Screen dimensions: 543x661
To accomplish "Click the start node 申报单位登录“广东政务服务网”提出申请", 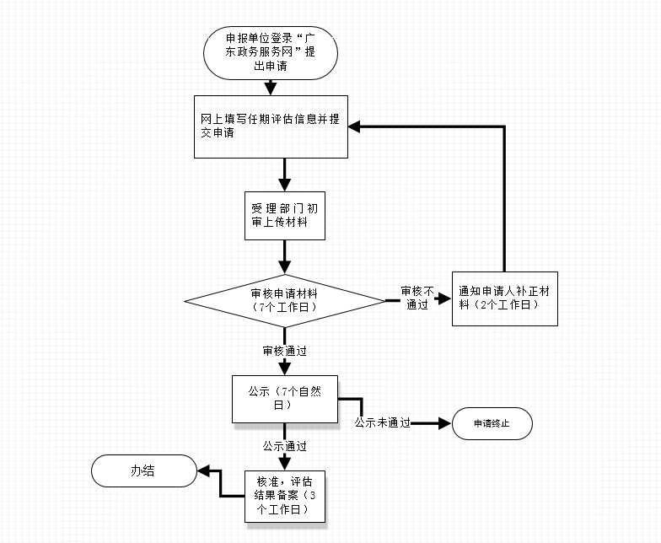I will [270, 52].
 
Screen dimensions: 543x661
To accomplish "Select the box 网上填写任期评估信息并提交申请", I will [271, 126].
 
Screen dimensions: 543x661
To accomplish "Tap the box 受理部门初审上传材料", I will [284, 216].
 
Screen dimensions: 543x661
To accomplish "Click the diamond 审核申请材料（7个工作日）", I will [284, 300].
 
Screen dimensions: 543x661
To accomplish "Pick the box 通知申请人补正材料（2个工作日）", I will [504, 299].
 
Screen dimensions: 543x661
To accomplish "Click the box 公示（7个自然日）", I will [284, 399].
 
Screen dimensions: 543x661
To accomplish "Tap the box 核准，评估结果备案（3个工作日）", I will [287, 496].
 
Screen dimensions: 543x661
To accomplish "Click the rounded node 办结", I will [142, 470].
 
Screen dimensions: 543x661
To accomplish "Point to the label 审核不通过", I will [418, 298].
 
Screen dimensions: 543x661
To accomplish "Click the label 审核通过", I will [284, 349].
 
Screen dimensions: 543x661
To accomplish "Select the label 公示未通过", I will [382, 423].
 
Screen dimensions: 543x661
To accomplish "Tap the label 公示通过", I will [284, 445].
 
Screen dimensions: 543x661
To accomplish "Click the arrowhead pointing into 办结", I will [202, 470].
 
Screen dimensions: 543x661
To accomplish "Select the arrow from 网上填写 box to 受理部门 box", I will [284, 174].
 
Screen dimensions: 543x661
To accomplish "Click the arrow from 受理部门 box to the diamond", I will [284, 255].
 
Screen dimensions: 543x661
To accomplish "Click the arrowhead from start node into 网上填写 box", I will [270, 88].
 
